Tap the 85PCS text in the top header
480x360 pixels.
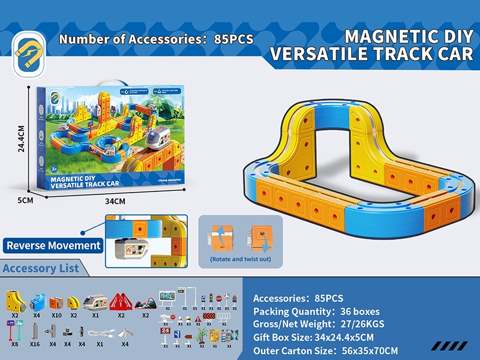233,38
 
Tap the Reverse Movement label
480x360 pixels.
53,245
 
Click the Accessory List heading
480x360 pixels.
41,268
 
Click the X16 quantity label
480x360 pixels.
35,343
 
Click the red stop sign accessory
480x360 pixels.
219,298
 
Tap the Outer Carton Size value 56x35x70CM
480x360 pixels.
367,351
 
